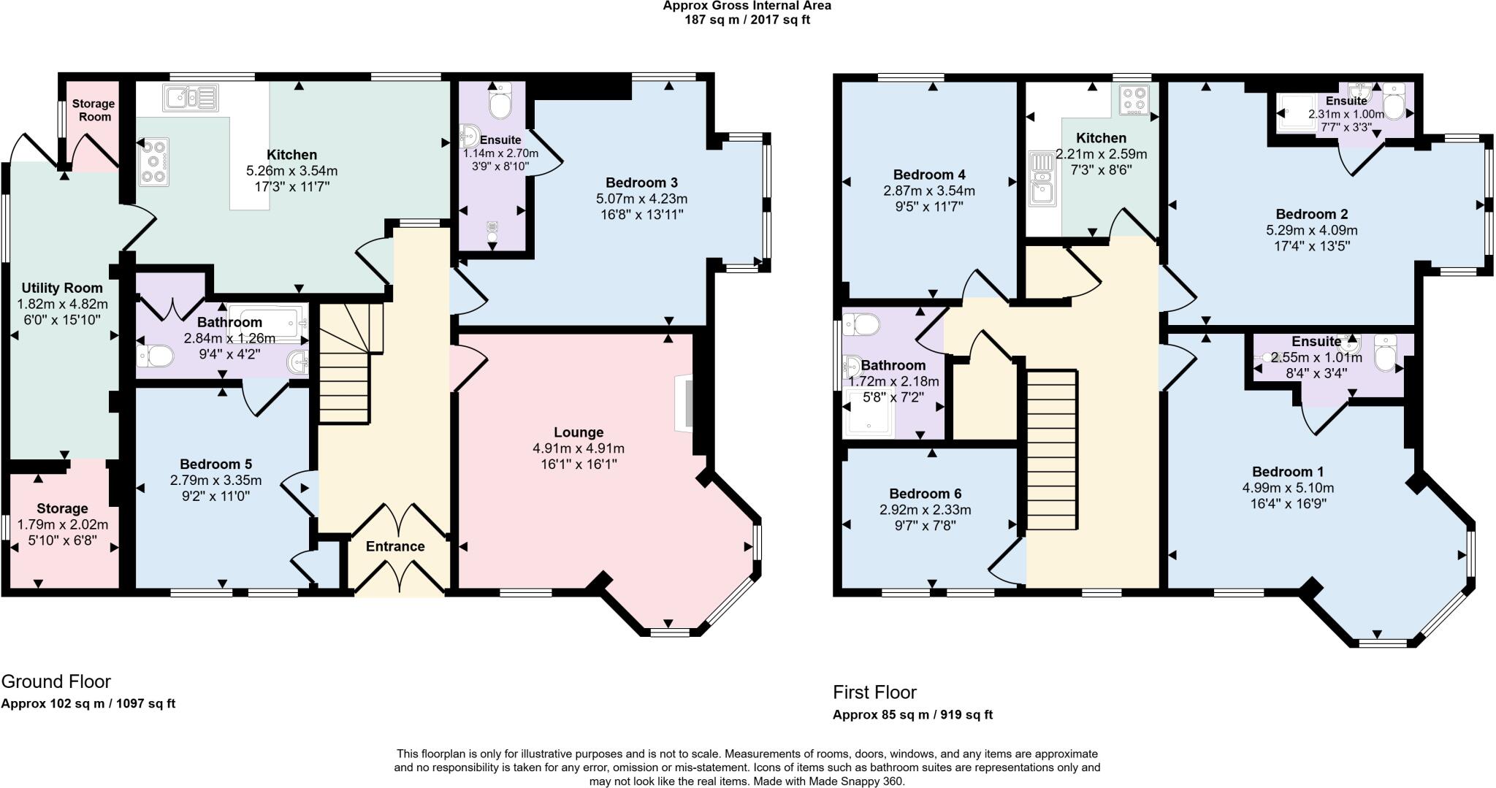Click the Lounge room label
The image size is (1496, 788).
coord(579,432)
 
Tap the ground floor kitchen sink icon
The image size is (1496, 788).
coord(190,97)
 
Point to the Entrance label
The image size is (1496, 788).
coord(395,546)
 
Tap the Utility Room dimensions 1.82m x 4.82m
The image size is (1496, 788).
coord(62,304)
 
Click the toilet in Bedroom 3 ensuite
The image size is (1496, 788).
coord(500,102)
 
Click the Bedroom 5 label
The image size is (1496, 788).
coord(215,464)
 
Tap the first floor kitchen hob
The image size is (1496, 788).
coord(1134,102)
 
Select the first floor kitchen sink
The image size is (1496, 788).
coord(1042,179)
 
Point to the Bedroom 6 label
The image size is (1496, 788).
coord(925,494)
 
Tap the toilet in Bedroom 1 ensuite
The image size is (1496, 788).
coord(1384,354)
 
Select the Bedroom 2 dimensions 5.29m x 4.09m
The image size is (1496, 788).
coord(1312,230)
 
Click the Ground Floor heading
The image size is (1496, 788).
coord(56,681)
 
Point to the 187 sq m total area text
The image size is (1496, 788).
coord(747,20)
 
